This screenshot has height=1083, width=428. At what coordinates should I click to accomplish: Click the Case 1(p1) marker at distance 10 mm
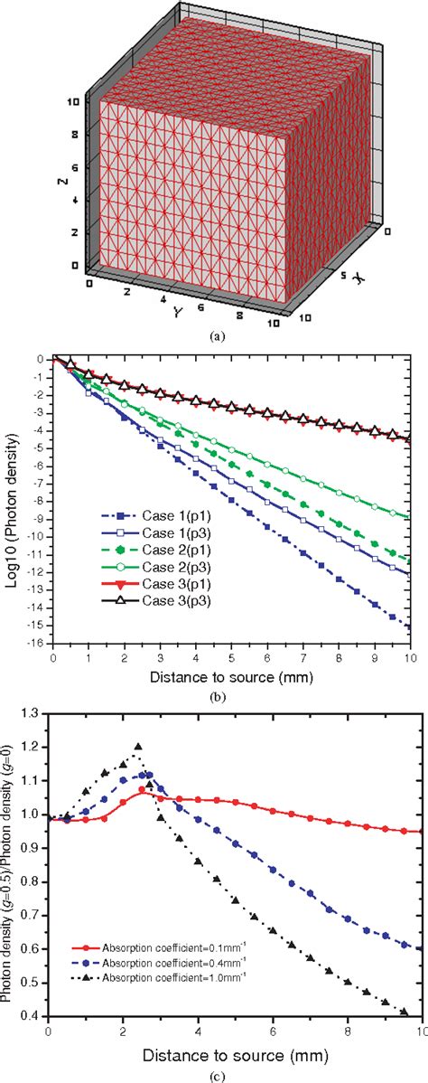point(413,625)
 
